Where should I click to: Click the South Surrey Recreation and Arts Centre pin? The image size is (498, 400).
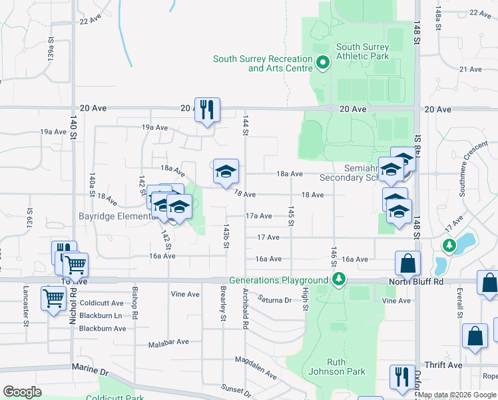click(323, 63)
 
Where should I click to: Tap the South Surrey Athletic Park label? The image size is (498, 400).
click(362, 52)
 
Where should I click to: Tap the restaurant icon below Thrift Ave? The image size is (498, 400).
click(402, 377)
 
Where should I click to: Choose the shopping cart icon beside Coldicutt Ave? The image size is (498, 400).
click(53, 299)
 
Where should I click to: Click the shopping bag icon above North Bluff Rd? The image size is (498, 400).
click(407, 263)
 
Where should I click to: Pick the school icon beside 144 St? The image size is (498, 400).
click(226, 172)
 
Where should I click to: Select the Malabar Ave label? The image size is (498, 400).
click(168, 341)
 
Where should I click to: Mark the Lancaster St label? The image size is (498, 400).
click(26, 307)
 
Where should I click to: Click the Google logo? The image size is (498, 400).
click(22, 392)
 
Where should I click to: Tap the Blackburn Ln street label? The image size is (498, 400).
click(101, 315)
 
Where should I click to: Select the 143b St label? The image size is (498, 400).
click(226, 237)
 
